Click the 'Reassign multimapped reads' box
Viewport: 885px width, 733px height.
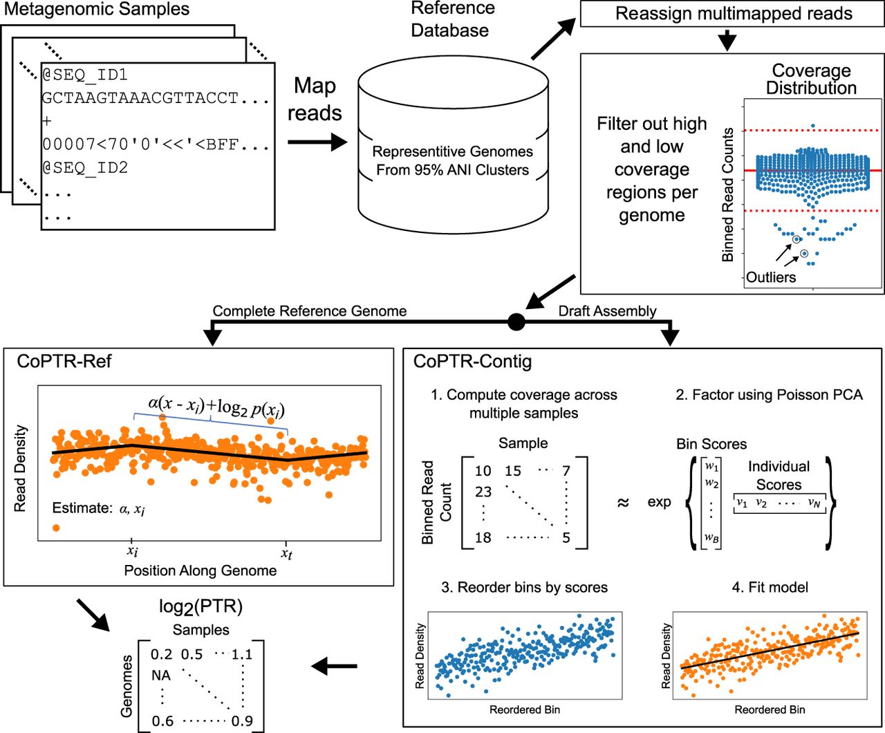[x=732, y=14]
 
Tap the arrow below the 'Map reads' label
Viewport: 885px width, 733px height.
[x=317, y=142]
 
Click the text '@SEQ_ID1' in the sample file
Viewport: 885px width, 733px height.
[x=85, y=75]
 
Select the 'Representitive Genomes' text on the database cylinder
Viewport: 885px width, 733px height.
[x=452, y=151]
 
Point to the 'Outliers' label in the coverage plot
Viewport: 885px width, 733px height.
[x=770, y=277]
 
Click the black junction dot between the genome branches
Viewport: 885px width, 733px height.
[x=516, y=322]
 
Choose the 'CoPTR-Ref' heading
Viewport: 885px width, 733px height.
[x=64, y=361]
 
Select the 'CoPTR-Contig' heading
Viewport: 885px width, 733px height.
[x=472, y=362]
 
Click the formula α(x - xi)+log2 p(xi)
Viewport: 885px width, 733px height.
[x=216, y=407]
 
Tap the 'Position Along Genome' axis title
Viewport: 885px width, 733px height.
[x=200, y=570]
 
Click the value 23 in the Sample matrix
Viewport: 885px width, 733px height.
[x=483, y=492]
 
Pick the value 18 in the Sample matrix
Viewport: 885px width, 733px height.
[x=483, y=537]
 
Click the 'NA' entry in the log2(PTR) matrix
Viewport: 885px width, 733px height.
[x=161, y=676]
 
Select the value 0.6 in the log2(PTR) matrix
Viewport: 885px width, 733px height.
[x=162, y=721]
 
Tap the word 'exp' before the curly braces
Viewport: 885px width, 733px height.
[x=659, y=502]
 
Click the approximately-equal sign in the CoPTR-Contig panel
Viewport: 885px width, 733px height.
[x=623, y=503]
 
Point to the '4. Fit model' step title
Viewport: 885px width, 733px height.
[x=770, y=587]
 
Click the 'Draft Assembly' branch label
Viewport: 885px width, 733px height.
[x=607, y=311]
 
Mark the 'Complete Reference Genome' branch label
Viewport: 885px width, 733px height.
[x=310, y=311]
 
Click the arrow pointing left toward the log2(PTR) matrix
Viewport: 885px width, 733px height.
[x=334, y=667]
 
